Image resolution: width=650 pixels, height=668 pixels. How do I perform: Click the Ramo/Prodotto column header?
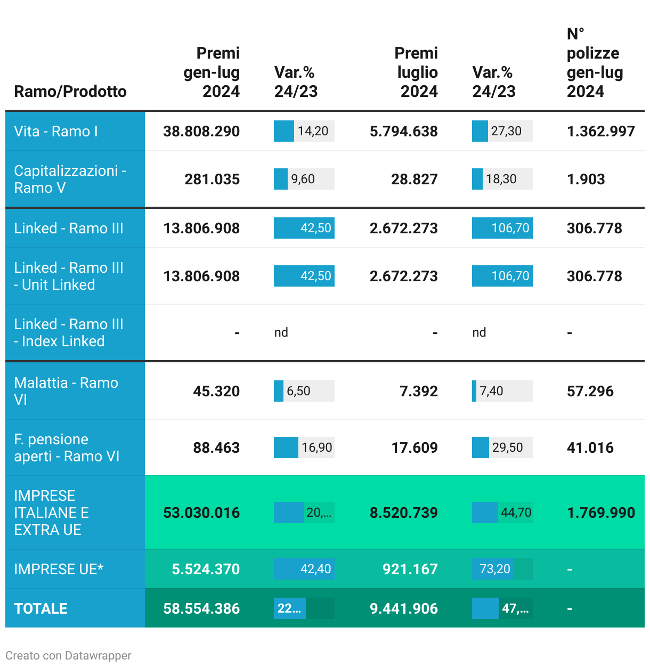70,92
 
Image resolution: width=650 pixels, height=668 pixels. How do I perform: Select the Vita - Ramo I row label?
56,132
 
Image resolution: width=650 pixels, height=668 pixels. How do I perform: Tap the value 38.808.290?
201,132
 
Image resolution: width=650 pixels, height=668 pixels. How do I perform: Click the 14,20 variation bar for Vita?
304,132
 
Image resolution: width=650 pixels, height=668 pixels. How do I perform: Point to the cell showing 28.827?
414,180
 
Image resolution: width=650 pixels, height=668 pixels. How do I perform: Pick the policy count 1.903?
586,180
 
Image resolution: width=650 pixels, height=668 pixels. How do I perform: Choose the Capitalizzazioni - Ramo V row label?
70,180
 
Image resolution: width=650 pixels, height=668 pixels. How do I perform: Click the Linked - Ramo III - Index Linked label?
69,333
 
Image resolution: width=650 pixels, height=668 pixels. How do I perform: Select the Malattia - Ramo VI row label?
66,392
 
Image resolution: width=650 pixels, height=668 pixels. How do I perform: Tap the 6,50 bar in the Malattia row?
304,392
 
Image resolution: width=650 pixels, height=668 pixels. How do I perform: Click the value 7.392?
418,392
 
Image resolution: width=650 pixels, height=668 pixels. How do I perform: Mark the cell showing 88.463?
216,448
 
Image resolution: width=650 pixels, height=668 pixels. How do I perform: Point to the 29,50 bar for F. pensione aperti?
502,448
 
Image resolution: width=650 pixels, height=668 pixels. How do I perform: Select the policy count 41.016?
590,448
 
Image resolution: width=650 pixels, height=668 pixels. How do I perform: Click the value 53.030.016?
201,513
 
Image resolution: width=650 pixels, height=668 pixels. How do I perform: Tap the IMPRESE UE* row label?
59,569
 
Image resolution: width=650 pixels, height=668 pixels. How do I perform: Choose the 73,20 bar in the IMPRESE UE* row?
502,569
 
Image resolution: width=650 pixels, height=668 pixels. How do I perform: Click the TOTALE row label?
41,609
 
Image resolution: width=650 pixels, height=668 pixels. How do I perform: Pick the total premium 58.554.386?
201,609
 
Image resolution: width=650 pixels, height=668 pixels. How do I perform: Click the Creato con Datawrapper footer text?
68,656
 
